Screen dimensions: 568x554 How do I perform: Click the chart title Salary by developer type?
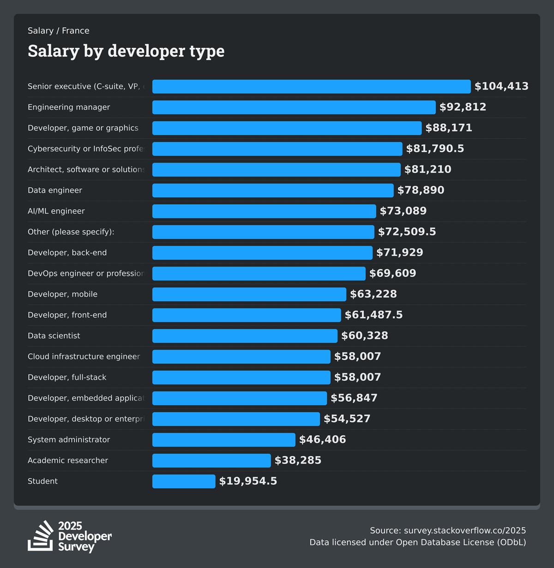(126, 51)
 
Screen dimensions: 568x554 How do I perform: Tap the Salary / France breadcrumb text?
(59, 31)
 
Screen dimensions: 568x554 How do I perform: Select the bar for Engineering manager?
(294, 107)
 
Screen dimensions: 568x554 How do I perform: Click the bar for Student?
(184, 481)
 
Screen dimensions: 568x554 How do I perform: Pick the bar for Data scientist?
(245, 336)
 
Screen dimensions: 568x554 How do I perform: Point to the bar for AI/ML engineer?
(264, 211)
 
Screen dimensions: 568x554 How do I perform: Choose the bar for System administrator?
(223, 440)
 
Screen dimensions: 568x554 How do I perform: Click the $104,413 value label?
(501, 86)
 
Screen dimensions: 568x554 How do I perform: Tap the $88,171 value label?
(449, 128)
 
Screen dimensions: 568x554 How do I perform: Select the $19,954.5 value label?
(248, 481)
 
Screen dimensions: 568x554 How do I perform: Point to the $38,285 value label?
(298, 460)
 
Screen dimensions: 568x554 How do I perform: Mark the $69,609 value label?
(392, 273)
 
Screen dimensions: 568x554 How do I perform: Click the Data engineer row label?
(55, 190)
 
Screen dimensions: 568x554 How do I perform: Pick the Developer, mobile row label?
(62, 294)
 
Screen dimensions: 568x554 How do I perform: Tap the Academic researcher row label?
(68, 460)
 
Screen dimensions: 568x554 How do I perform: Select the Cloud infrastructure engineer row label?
(84, 357)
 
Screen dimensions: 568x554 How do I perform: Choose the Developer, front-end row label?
(67, 315)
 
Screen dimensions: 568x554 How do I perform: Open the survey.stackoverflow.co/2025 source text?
(464, 531)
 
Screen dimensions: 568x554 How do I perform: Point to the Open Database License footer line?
(417, 543)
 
